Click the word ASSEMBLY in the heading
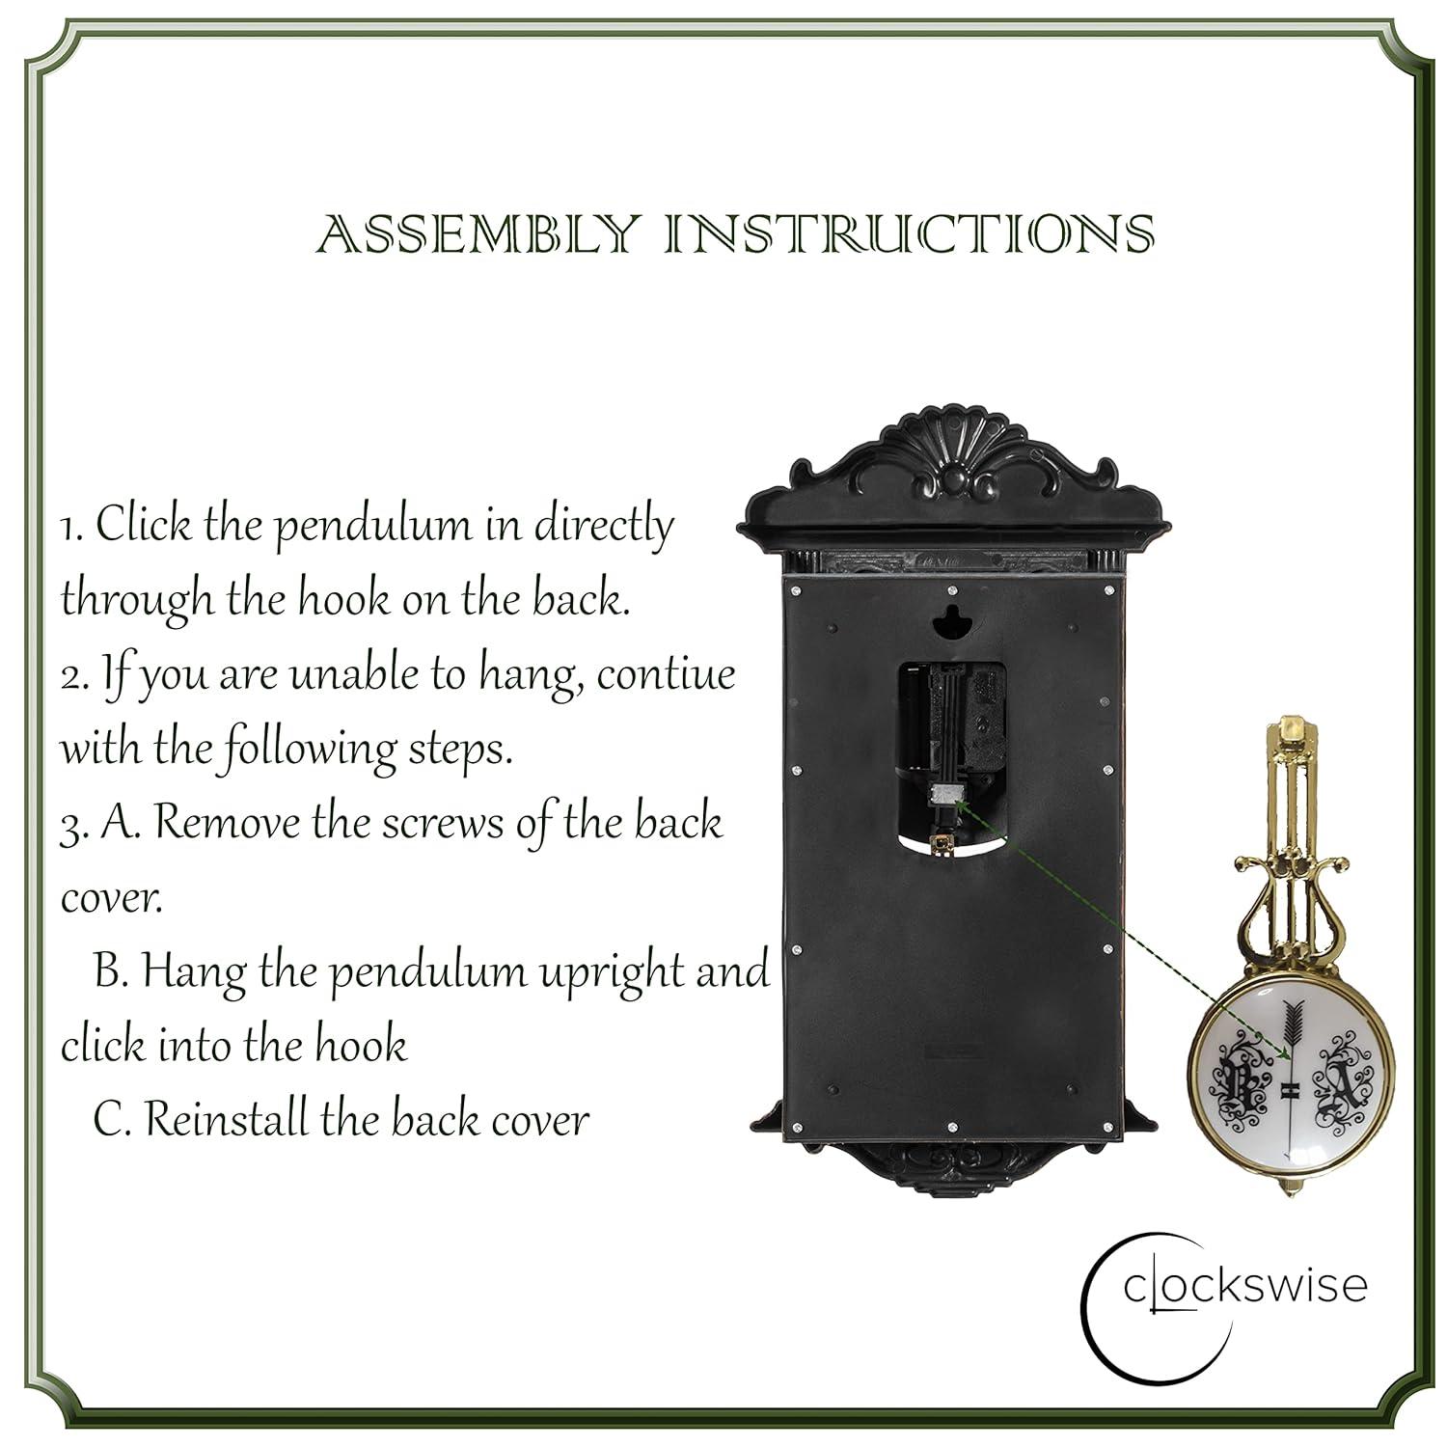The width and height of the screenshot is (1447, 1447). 478,234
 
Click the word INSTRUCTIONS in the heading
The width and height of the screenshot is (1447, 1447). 910,234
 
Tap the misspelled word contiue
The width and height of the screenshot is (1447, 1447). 666,673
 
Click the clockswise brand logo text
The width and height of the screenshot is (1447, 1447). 1244,1286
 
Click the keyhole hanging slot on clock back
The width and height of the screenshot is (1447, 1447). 952,622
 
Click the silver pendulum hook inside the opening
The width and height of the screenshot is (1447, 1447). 946,793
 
